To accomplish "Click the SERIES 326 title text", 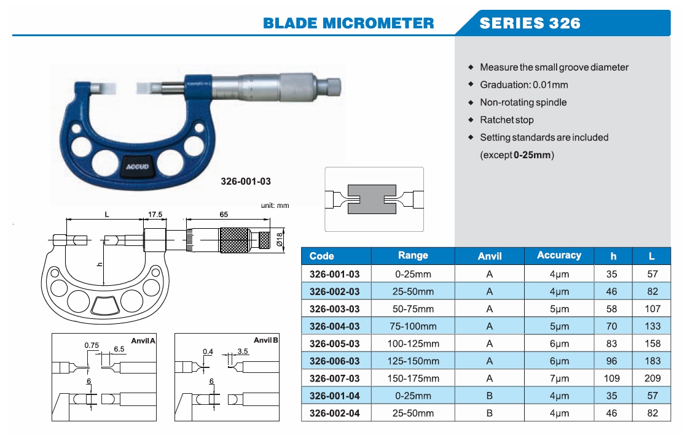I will (530, 23).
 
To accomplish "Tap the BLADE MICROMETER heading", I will (348, 23).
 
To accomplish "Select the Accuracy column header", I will (559, 256).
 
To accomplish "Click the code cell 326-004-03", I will (335, 326).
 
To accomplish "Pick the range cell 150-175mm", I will (413, 378).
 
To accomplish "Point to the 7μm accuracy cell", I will (559, 378).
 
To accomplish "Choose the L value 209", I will (652, 378).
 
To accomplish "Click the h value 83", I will (611, 343).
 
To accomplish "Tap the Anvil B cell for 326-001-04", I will (489, 396).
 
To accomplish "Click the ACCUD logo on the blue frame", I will (138, 166).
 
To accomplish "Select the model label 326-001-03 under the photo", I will (246, 182).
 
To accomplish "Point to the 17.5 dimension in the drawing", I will (155, 215).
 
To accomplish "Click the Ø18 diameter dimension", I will (280, 239).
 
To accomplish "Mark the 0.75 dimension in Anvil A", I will (92, 346).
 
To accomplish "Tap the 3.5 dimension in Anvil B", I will (243, 352).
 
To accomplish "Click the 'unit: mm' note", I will (275, 205).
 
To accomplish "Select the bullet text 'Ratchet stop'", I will (507, 120).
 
